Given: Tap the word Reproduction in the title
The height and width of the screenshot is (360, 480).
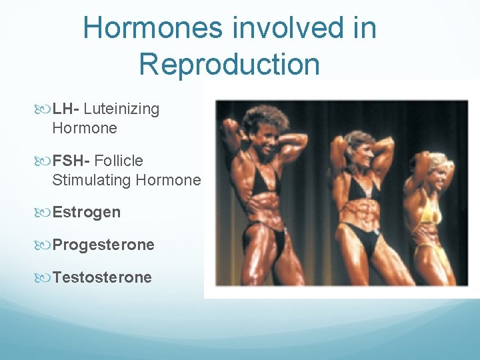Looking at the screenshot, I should pyautogui.click(x=229, y=65).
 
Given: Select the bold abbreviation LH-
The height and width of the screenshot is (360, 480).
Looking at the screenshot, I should pyautogui.click(x=66, y=109).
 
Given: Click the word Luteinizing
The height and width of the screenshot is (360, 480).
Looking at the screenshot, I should pyautogui.click(x=121, y=109).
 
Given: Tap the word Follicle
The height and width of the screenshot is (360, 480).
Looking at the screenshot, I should pyautogui.click(x=119, y=161).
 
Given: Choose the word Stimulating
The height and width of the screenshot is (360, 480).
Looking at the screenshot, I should pyautogui.click(x=91, y=180).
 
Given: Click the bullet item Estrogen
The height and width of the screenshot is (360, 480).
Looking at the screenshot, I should pyautogui.click(x=87, y=213).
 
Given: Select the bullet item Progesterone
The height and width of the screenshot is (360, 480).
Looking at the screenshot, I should pyautogui.click(x=103, y=245).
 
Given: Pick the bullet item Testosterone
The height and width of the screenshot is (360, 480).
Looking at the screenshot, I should pyautogui.click(x=102, y=277).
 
